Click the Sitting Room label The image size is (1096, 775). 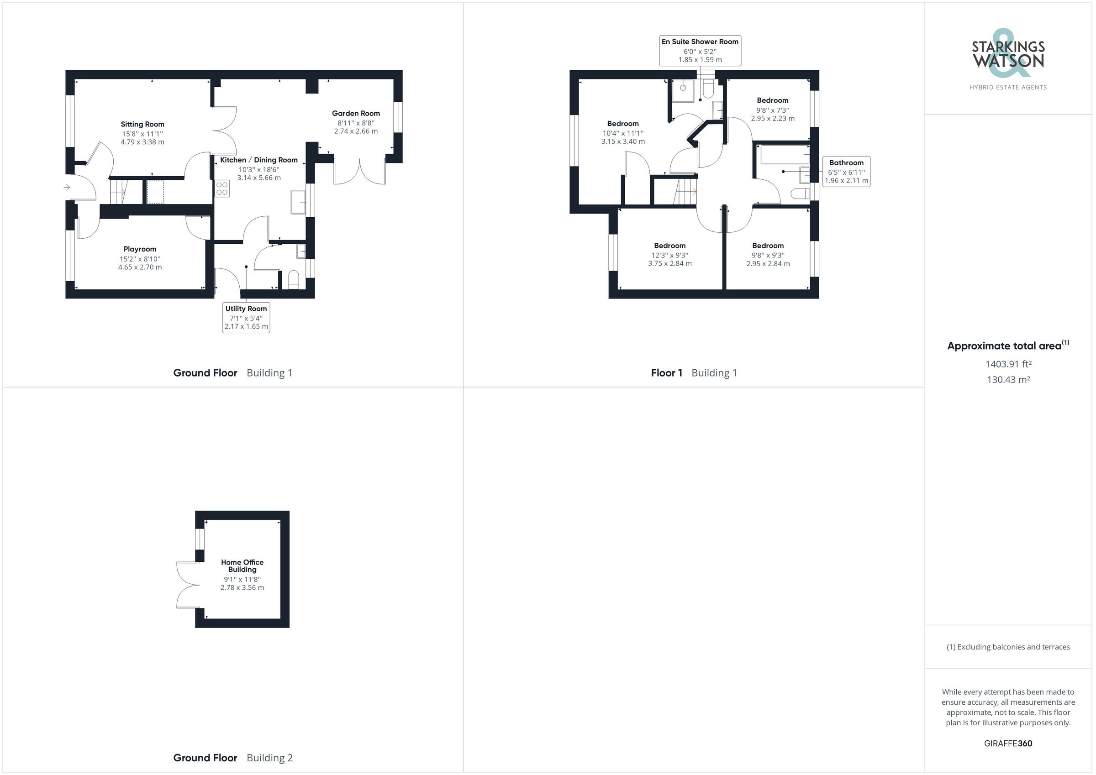pos(142,124)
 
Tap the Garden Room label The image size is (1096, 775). pos(356,113)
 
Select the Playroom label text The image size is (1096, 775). pos(140,249)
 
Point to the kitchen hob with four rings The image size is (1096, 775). pos(222,188)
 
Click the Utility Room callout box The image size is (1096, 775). pos(246,317)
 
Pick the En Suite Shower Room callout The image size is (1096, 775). pos(700,50)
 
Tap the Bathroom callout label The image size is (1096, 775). pos(846,171)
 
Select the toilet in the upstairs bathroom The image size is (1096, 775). pos(801,193)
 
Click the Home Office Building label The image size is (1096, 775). pos(242,566)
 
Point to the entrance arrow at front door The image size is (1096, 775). pos(67,188)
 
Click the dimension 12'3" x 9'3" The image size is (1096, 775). pos(670,255)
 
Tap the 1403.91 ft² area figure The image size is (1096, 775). pos(1008,364)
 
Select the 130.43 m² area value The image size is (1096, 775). pos(1008,380)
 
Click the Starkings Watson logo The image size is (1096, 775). pos(1008,53)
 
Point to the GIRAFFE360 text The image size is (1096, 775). pos(1008,743)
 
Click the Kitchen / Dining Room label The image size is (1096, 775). pos(259,160)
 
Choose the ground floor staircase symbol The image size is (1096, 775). pos(118,191)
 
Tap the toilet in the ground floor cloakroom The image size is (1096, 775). pos(294,280)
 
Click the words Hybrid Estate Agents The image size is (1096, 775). pos(1008,87)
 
